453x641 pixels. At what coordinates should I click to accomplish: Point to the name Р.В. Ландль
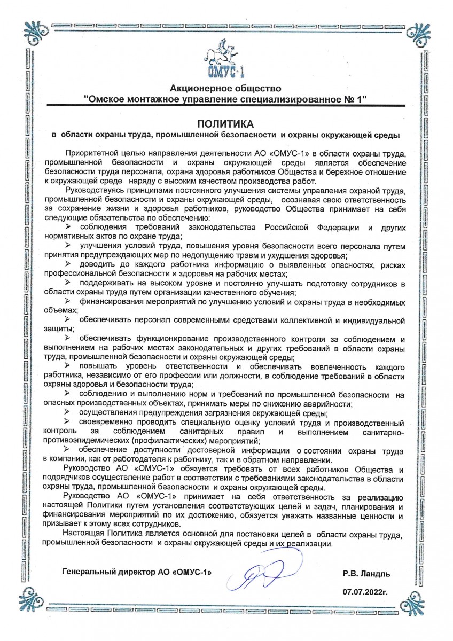(x=366, y=574)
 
